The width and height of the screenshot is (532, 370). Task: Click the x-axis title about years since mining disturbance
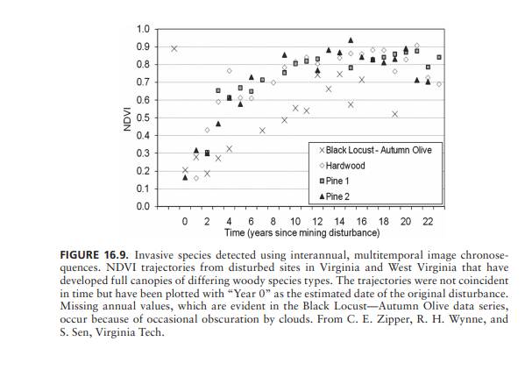(301, 234)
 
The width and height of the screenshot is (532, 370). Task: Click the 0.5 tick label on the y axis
(142, 117)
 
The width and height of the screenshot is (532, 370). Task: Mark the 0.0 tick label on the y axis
(142, 207)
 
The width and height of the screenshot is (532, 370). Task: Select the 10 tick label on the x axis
(295, 222)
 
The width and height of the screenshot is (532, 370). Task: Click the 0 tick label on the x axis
(185, 222)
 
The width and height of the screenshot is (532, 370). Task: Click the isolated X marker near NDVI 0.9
(174, 48)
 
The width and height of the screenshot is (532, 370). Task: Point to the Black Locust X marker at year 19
(395, 114)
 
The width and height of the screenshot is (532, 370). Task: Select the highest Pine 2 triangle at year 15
(351, 40)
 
